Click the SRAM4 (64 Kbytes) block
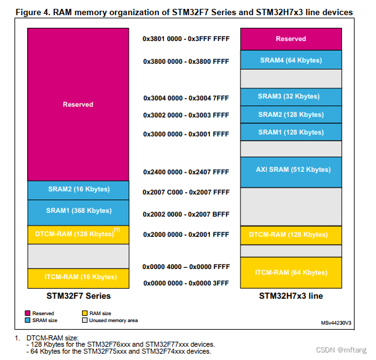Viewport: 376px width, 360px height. [x=291, y=60]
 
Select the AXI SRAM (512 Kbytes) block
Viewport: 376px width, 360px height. [x=291, y=170]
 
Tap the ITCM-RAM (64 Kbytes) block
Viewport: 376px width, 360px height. [x=291, y=272]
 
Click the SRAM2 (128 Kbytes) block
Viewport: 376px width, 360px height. [x=291, y=114]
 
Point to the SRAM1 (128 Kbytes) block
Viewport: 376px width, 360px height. [x=291, y=132]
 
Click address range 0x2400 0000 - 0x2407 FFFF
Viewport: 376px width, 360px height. [x=185, y=172]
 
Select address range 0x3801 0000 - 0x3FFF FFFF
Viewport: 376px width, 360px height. [x=185, y=39]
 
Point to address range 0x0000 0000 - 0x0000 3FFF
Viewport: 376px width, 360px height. [x=185, y=283]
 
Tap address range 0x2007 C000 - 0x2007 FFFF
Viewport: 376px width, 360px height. [x=185, y=191]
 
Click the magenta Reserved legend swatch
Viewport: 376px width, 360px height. [x=28, y=313]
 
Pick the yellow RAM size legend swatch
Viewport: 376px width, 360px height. [x=85, y=313]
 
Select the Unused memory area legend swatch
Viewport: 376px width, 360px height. [x=85, y=320]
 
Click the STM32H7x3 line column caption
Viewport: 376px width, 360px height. [x=291, y=296]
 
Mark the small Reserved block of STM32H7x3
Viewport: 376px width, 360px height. [x=291, y=39]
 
